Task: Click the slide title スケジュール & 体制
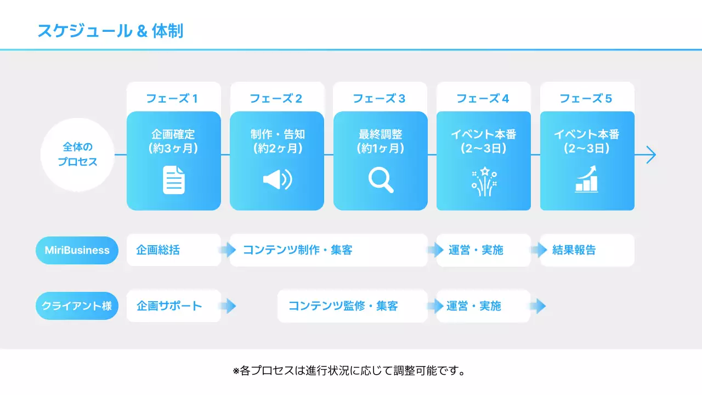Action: tap(110, 31)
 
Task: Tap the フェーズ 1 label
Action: tap(172, 99)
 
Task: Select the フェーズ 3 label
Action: tap(379, 99)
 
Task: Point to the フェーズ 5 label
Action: tap(586, 99)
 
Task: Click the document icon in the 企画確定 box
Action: tap(174, 180)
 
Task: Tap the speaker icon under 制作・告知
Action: tap(277, 180)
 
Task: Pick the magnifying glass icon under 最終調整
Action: tap(381, 180)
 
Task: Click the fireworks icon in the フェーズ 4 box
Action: tap(484, 181)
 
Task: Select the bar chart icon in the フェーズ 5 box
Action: tap(587, 180)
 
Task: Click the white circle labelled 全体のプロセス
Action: tap(77, 155)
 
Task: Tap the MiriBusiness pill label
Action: tap(77, 250)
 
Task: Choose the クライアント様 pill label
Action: tap(77, 306)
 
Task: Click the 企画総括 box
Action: tap(173, 250)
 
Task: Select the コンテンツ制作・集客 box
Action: tap(328, 250)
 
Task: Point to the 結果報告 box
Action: tap(587, 250)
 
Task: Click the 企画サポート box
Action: tap(173, 306)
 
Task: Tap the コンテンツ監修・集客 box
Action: tap(352, 306)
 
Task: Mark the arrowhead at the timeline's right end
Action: tap(651, 155)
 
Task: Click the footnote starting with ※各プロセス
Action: tap(350, 371)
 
